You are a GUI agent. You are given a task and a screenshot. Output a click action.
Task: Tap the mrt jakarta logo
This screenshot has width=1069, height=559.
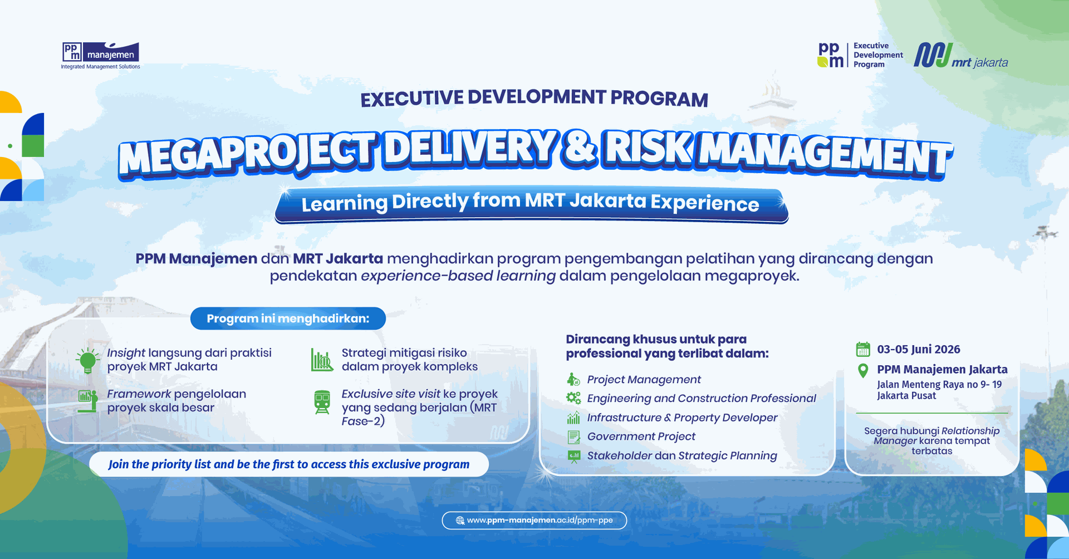tap(961, 56)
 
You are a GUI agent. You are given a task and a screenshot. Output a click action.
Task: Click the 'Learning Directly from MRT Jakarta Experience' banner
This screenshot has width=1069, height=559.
tap(531, 204)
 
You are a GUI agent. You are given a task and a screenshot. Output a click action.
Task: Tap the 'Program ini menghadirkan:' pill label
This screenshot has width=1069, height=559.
tap(288, 318)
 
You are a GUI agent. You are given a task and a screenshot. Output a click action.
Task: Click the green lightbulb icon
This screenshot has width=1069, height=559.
tap(87, 360)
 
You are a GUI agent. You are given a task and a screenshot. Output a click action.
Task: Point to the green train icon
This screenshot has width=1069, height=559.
tap(322, 402)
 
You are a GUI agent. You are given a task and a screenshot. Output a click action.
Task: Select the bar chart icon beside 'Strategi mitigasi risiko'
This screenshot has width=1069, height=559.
tap(322, 360)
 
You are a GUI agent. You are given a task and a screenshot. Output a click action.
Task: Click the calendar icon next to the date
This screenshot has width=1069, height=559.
tap(863, 349)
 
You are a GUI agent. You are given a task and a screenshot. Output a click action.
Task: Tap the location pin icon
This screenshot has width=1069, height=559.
tap(863, 370)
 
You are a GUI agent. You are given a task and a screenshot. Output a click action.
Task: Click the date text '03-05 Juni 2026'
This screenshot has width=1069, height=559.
tap(919, 349)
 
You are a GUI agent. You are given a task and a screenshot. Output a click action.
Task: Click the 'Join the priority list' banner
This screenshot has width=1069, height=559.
tap(289, 464)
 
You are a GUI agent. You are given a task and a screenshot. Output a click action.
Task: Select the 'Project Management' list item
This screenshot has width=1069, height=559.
tap(644, 379)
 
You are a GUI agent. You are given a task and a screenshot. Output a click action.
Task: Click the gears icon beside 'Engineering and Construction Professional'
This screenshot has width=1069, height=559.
tap(573, 398)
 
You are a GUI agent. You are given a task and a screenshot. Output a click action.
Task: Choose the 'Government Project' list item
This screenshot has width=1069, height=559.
tap(641, 437)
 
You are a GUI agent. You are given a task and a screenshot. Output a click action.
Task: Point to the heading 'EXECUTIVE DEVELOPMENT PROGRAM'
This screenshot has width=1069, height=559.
tap(534, 99)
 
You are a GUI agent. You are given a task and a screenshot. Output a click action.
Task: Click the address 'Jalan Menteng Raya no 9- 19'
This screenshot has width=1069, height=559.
tap(939, 385)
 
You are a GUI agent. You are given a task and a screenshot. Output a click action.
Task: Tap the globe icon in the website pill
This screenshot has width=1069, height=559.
tap(460, 521)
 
